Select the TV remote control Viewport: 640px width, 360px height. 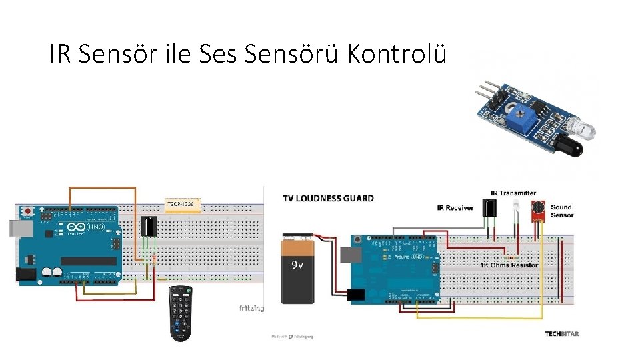(x=180, y=313)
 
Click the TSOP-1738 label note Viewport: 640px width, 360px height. (x=183, y=203)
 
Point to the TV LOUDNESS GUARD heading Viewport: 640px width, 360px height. (x=328, y=198)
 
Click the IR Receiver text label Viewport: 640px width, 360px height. (x=455, y=207)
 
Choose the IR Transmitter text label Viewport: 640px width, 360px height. (x=513, y=193)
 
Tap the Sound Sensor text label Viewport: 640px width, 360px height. (x=561, y=211)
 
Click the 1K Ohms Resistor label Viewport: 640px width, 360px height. (x=509, y=265)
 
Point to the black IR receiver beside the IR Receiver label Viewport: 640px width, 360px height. (x=491, y=209)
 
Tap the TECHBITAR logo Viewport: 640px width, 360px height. (x=561, y=334)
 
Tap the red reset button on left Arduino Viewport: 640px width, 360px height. (x=27, y=211)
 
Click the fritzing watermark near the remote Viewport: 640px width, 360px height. (x=251, y=308)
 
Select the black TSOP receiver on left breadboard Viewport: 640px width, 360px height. (x=150, y=227)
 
